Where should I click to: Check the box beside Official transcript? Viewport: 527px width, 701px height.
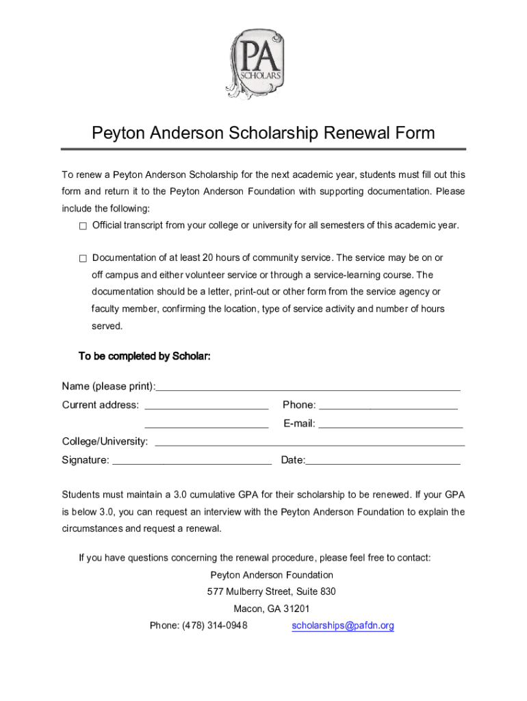pyautogui.click(x=83, y=226)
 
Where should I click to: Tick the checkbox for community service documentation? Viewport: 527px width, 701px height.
pyautogui.click(x=83, y=259)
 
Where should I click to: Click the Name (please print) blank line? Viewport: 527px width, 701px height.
pyautogui.click(x=308, y=387)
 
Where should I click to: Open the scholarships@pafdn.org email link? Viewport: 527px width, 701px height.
pyautogui.click(x=343, y=626)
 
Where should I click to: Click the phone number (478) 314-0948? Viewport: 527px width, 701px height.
pyautogui.click(x=214, y=626)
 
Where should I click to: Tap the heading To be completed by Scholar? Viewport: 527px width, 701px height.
pyautogui.click(x=144, y=356)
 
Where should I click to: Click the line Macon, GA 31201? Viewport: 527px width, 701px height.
pyautogui.click(x=272, y=609)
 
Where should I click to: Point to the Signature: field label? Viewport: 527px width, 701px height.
pyautogui.click(x=85, y=460)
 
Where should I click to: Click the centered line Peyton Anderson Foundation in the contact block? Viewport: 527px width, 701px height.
pyautogui.click(x=272, y=575)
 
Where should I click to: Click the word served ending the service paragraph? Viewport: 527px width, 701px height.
pyautogui.click(x=107, y=326)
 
